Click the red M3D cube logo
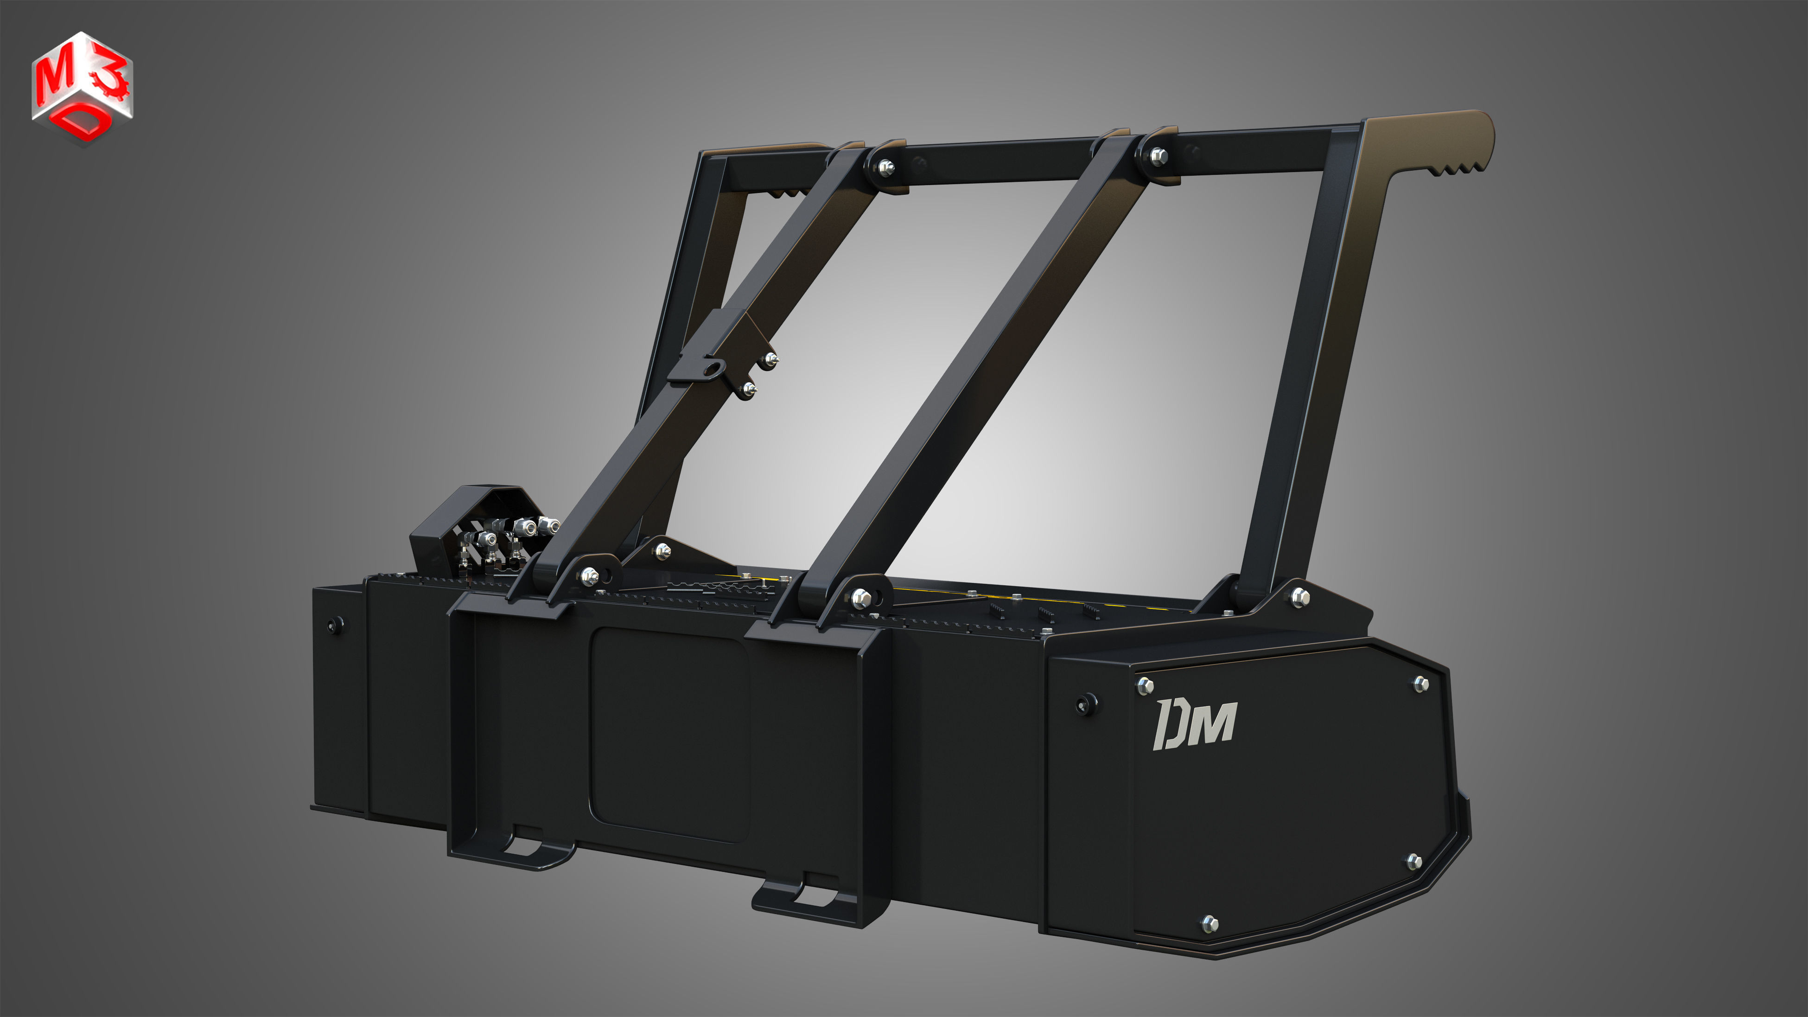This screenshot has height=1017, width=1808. point(82,88)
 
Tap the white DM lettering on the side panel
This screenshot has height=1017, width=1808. point(1195,723)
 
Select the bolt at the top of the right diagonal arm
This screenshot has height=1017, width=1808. point(1159,156)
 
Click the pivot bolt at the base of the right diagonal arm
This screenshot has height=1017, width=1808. point(860,598)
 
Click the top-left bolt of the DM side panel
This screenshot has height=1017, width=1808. point(1145,685)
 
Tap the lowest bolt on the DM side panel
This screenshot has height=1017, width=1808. point(1210,924)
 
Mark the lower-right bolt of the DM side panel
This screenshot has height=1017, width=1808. point(1414,861)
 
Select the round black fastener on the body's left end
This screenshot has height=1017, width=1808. point(336,623)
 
